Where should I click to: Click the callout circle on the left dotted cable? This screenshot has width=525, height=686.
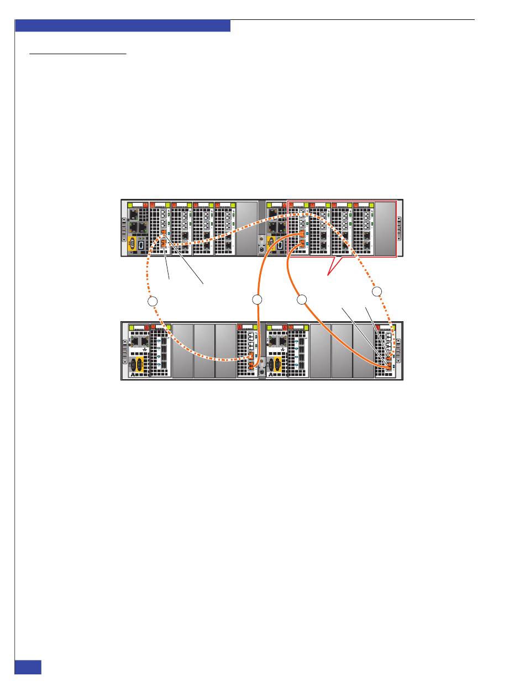(154, 302)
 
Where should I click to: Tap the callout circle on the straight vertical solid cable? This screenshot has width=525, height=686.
(256, 300)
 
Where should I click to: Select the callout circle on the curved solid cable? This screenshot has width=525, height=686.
(301, 300)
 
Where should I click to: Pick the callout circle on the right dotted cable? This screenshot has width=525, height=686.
(376, 291)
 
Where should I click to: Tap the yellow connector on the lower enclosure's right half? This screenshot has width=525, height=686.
(275, 366)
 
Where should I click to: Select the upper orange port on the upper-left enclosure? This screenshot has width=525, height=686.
(164, 234)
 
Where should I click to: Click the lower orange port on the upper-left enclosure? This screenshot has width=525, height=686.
(164, 242)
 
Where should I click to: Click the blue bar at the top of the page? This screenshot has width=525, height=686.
(122, 26)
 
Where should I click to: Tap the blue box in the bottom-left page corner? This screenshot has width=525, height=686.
(28, 666)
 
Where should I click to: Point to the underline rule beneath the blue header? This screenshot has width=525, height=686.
(78, 54)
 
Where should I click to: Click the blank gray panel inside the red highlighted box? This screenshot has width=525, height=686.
(385, 229)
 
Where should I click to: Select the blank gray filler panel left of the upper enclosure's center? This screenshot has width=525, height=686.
(246, 229)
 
